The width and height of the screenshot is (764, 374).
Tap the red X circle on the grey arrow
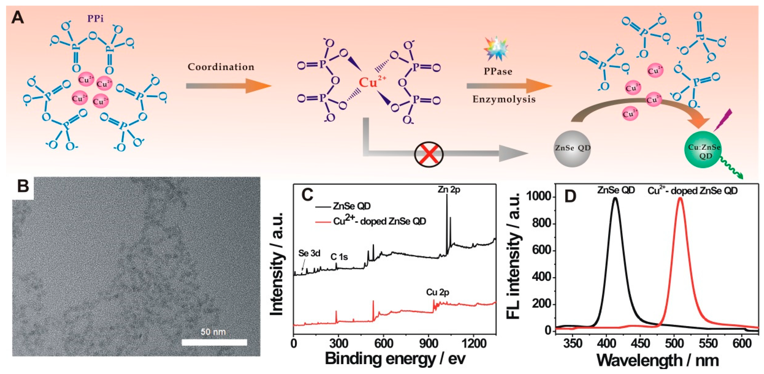click(429, 154)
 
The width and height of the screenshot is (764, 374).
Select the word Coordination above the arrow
click(221, 67)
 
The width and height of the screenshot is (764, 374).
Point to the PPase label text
click(498, 71)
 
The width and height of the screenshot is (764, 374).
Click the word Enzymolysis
click(504, 99)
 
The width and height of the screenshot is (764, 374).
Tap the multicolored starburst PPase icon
click(496, 49)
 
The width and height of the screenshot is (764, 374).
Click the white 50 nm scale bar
click(214, 342)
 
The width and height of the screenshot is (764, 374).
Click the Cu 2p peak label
click(437, 292)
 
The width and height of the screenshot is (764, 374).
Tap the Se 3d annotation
click(309, 253)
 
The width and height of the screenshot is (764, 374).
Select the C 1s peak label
click(339, 257)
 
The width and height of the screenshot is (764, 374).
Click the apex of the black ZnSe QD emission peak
click(615, 199)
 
